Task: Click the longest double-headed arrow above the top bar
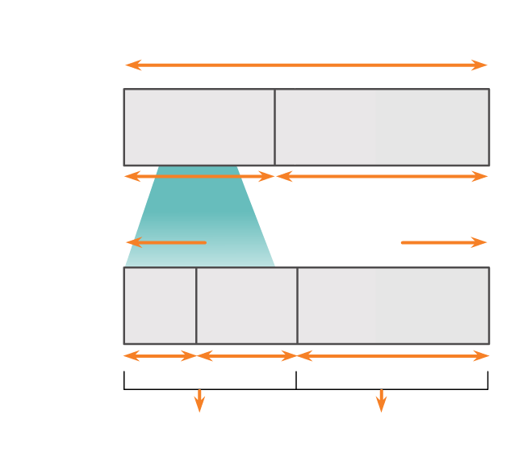pos(307,65)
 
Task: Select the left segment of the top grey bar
pos(199,128)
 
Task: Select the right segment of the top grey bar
pos(382,128)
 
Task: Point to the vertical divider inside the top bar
pos(274,128)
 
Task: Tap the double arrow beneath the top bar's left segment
pos(199,176)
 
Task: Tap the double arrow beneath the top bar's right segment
pos(382,176)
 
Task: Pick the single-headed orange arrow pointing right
pos(444,242)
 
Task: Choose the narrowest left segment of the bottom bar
pos(160,305)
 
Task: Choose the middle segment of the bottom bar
pos(247,305)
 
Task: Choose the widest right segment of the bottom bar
pos(393,305)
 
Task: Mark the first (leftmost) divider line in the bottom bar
pos(196,305)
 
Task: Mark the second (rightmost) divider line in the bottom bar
pos(297,305)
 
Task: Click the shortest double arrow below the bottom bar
pos(160,355)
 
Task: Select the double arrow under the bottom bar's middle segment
pos(247,355)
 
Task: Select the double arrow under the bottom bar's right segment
pos(393,355)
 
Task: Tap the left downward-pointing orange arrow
pos(199,401)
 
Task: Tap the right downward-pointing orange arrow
pos(381,401)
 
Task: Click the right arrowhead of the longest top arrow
pos(482,65)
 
